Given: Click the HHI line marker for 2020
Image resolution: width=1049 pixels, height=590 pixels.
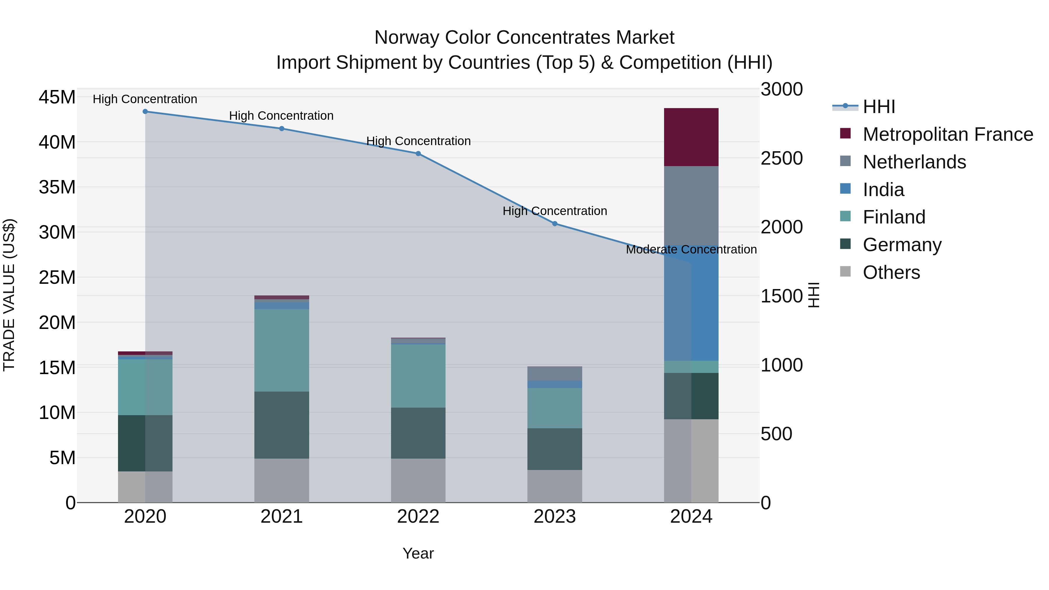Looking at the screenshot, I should [x=145, y=112].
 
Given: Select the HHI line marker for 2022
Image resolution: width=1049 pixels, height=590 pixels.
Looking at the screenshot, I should [x=418, y=154].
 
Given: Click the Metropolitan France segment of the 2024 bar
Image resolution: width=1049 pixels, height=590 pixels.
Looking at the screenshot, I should [x=691, y=137].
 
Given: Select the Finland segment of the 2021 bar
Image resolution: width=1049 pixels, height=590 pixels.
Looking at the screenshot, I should [x=281, y=350].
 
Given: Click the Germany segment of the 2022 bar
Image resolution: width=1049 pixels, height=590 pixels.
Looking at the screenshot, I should [x=418, y=433].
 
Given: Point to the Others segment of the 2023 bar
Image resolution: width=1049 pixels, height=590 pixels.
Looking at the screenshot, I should [x=555, y=486].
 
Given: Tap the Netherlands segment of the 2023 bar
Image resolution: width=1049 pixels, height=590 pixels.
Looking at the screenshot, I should [x=555, y=374].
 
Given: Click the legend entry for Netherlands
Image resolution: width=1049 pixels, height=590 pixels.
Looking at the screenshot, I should [x=914, y=162].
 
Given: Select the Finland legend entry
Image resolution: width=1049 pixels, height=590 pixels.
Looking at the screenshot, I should [x=894, y=217].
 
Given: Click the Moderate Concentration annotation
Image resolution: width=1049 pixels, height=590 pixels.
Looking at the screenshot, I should [x=691, y=250].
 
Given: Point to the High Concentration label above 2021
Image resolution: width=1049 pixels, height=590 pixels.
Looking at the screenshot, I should [x=281, y=116].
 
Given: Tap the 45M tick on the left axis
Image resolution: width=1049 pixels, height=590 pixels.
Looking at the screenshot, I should [x=57, y=98].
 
